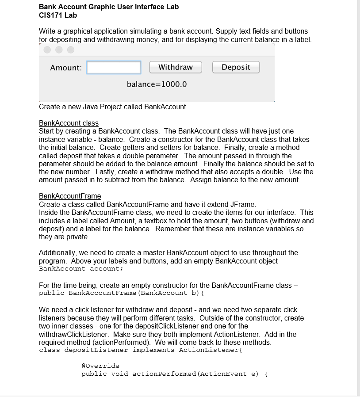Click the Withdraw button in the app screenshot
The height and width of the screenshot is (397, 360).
175,67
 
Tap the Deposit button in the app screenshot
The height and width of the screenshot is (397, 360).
236,67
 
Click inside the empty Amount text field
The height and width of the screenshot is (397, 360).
114,68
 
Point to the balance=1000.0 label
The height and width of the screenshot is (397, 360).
157,84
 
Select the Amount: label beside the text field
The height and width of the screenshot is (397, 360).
66,68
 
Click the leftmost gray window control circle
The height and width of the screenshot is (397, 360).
48,50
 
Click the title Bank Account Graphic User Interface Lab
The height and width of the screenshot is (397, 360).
109,7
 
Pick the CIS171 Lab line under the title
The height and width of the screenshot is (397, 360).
58,15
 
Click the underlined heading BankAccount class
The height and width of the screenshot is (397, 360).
69,123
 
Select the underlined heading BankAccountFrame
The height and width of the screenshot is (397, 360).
70,196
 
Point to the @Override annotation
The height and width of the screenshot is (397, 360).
100,366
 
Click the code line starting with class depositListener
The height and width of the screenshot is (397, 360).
141,350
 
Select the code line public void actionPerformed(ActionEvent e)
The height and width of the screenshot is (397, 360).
174,374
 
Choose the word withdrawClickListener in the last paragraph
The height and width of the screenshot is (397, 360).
75,334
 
